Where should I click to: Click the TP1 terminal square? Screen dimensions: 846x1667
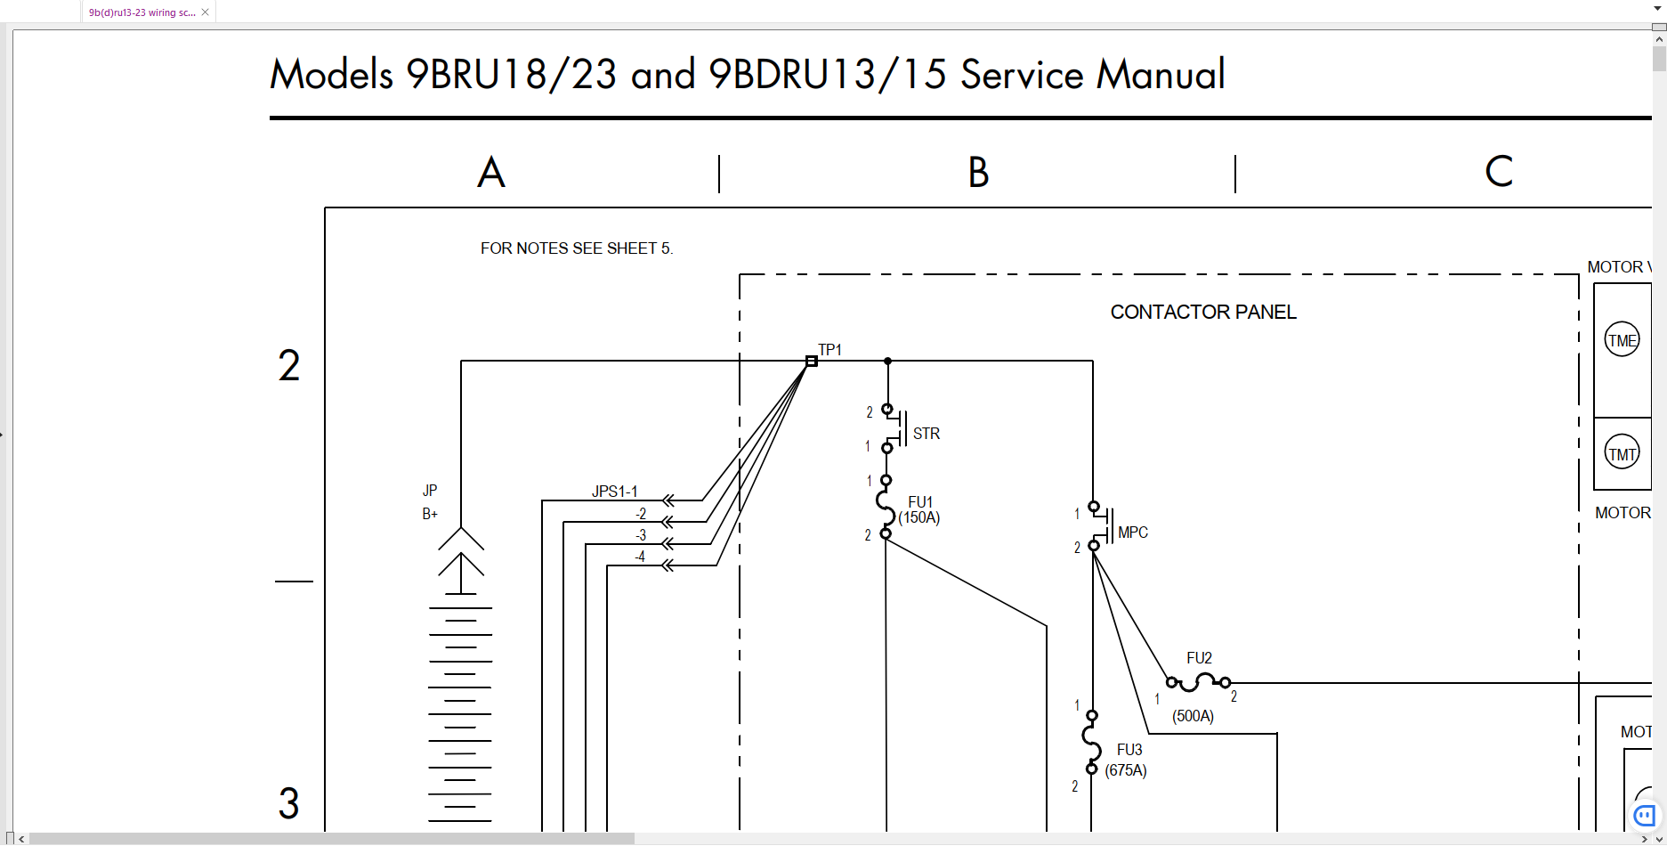(812, 361)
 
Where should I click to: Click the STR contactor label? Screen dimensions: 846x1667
(926, 434)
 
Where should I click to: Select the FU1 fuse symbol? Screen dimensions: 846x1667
(886, 507)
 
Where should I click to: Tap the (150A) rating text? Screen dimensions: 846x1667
(919, 517)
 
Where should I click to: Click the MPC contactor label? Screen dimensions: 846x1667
(1132, 533)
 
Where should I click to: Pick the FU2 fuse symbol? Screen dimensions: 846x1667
(1198, 683)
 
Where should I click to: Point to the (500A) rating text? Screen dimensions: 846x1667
(1193, 716)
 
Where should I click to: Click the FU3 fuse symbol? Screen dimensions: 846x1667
(1091, 742)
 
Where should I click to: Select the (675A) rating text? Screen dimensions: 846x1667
(1126, 770)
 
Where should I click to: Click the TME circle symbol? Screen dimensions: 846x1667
(1622, 339)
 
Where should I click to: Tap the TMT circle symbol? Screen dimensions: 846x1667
(1622, 453)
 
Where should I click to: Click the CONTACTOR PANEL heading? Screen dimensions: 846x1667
(1203, 313)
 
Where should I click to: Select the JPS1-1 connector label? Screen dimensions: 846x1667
(615, 492)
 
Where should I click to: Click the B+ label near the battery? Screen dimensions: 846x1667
(430, 514)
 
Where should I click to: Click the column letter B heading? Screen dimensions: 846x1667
(978, 173)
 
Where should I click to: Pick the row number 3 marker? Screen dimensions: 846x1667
(288, 803)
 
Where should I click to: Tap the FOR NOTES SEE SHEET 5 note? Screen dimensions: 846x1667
(577, 248)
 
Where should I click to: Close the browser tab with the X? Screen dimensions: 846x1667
(205, 12)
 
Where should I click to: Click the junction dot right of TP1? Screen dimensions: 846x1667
(887, 361)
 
